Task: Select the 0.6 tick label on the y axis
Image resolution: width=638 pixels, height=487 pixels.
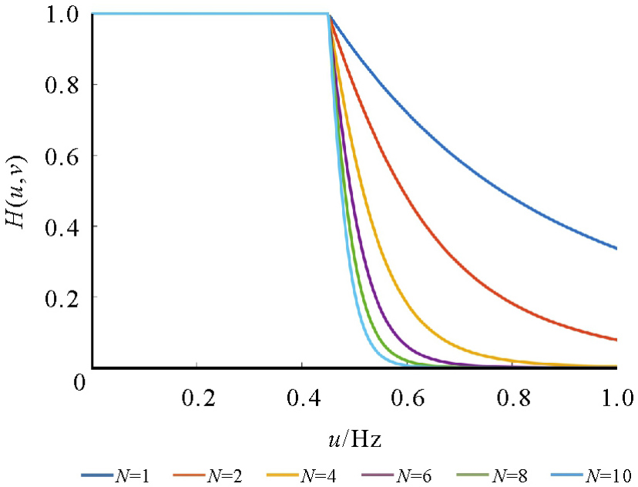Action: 63,156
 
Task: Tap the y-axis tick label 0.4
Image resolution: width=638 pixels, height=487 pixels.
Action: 63,227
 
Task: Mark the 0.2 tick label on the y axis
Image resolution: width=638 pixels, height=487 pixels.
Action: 63,297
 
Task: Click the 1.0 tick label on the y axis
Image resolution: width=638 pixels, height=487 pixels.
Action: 63,14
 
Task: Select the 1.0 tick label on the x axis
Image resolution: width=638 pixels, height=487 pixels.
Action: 616,399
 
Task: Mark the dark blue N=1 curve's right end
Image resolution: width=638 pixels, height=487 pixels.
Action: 616,248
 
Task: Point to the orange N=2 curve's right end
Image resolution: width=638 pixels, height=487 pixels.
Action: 616,339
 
